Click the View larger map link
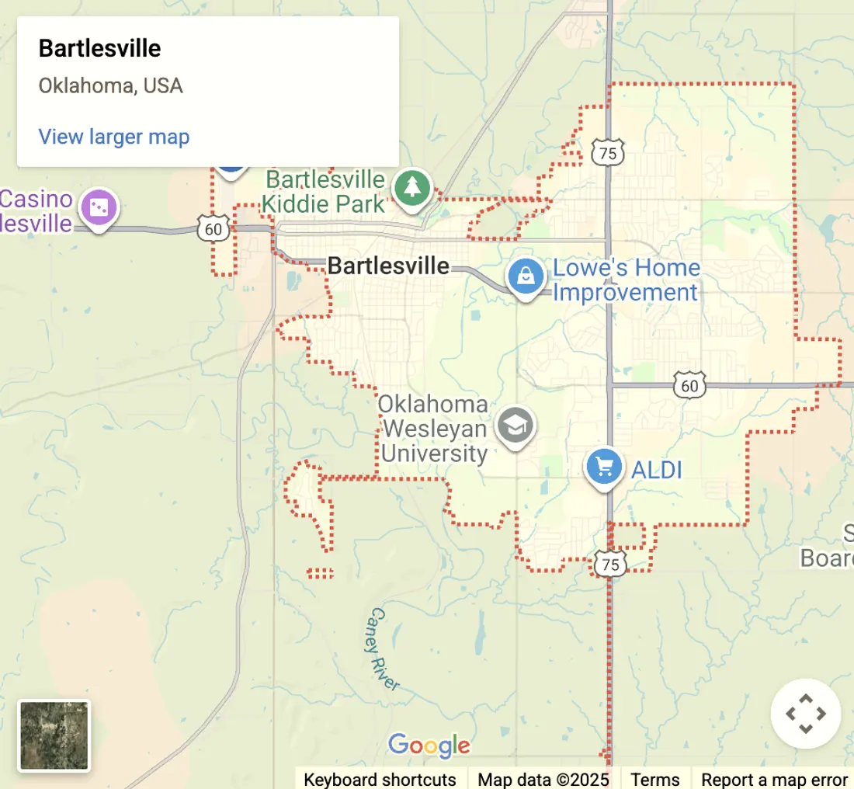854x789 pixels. [x=114, y=137]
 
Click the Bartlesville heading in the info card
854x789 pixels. [x=100, y=49]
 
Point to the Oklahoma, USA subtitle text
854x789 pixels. [x=111, y=85]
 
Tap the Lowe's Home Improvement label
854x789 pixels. [x=626, y=280]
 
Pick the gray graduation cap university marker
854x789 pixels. [x=515, y=426]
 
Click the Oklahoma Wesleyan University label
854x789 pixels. [x=433, y=429]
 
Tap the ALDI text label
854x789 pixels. [x=656, y=470]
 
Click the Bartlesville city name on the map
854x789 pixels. [x=388, y=266]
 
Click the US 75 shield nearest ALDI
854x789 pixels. [x=611, y=565]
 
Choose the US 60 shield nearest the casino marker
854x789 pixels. [x=213, y=229]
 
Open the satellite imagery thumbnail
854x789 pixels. [x=54, y=735]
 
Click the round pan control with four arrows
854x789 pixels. [x=806, y=714]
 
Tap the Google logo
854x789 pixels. [x=429, y=746]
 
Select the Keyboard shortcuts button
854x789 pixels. [x=380, y=780]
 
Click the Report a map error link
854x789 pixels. [x=774, y=780]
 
